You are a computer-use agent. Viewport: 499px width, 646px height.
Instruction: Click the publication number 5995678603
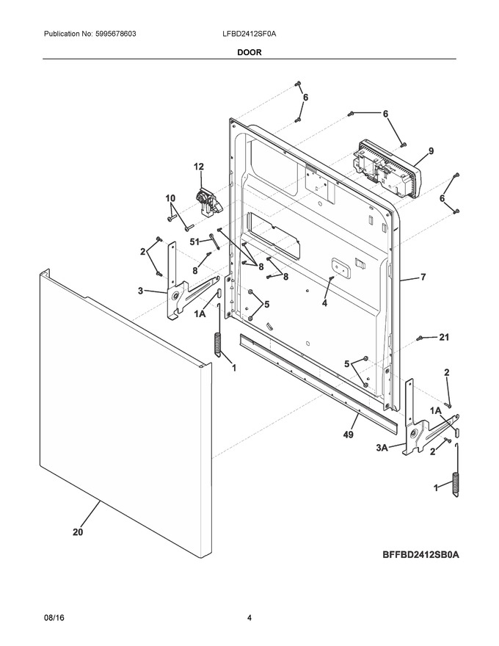[x=116, y=34]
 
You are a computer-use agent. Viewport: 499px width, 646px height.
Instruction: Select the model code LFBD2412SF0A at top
[x=249, y=34]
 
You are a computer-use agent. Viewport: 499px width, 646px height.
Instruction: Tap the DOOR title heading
[x=249, y=52]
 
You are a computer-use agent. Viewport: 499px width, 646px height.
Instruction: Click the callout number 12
[x=198, y=167]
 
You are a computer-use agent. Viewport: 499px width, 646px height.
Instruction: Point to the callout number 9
[x=431, y=151]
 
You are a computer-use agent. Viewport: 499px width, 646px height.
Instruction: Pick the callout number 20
[x=78, y=532]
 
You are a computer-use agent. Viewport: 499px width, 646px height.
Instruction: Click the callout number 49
[x=349, y=435]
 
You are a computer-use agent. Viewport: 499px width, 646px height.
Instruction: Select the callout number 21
[x=444, y=338]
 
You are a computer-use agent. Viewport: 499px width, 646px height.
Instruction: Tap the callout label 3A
[x=382, y=448]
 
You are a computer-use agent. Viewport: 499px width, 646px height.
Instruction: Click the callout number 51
[x=194, y=242]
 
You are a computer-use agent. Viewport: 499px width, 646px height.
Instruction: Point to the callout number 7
[x=423, y=277]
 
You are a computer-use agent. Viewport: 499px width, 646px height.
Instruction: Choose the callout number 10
[x=170, y=198]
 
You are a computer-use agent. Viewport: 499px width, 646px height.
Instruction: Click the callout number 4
[x=324, y=304]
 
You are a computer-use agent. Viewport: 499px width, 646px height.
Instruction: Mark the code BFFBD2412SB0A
[x=420, y=554]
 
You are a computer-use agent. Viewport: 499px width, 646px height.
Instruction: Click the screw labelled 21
[x=420, y=338]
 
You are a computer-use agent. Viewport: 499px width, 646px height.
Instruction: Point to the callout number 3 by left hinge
[x=140, y=291]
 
